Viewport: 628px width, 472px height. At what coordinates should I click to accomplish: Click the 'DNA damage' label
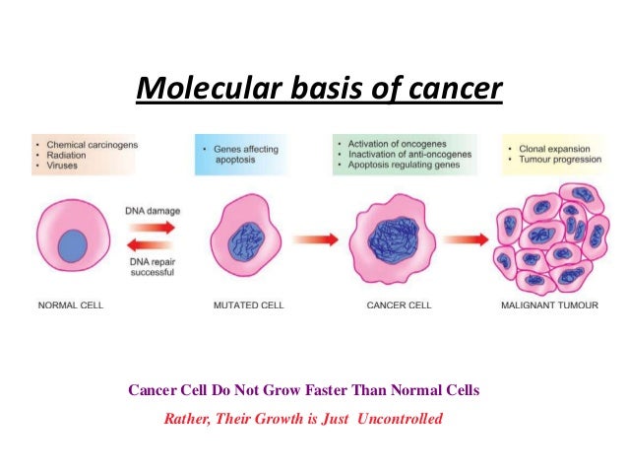click(151, 211)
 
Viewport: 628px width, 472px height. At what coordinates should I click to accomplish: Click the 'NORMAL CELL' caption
click(70, 305)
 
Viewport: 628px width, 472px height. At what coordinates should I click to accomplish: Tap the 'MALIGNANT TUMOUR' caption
click(549, 305)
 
